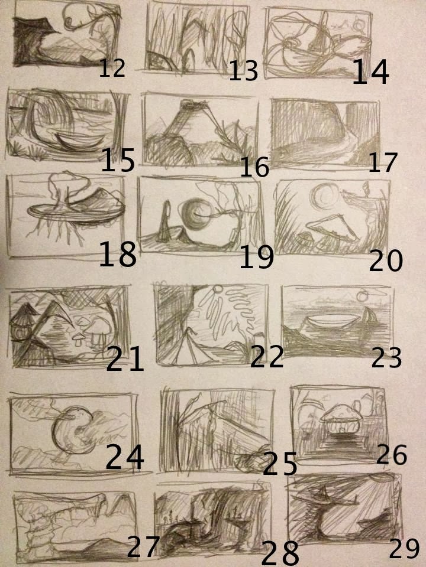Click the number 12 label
112,69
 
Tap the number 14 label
370,72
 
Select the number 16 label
254,167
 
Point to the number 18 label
118,254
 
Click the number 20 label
385,260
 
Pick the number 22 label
267,356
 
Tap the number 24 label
125,457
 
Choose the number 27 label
143,547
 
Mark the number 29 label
404,549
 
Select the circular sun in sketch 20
324,196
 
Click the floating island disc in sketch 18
75,213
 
